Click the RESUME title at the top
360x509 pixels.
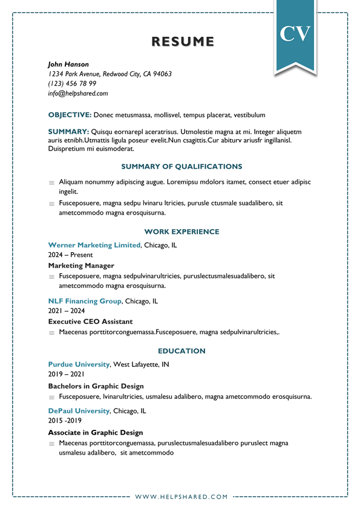[182, 42]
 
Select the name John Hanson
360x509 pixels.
[68, 64]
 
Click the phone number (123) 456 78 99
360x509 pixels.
[72, 83]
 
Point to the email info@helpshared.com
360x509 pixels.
[77, 94]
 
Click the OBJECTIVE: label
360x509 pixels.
[70, 115]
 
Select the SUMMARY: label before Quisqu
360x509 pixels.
[68, 131]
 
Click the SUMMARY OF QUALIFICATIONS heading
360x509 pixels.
[182, 166]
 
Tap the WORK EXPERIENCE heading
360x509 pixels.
[182, 232]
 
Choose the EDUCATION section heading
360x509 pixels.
[182, 351]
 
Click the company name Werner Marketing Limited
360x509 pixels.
[94, 245]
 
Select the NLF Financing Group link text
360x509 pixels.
[85, 301]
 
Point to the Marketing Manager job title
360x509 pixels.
[81, 265]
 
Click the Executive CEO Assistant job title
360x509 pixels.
[90, 322]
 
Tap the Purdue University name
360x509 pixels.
[79, 365]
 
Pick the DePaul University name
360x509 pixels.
[79, 411]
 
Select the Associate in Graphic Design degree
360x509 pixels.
[96, 432]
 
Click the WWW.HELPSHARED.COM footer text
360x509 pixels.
[182, 497]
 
